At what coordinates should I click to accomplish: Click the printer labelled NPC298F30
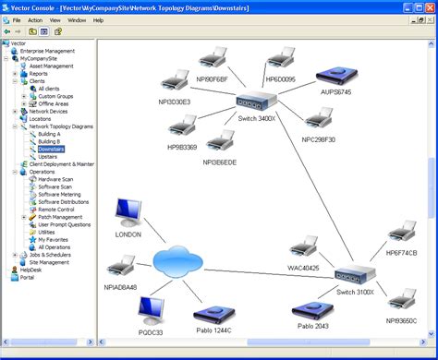[320, 119]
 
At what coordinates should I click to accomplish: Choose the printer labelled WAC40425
[302, 248]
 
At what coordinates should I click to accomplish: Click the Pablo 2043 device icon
[311, 311]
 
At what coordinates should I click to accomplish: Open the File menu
[16, 19]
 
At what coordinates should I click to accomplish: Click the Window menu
[77, 19]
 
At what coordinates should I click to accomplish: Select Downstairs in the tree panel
[50, 148]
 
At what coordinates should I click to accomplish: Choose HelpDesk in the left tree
[30, 270]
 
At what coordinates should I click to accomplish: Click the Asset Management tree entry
[51, 66]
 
